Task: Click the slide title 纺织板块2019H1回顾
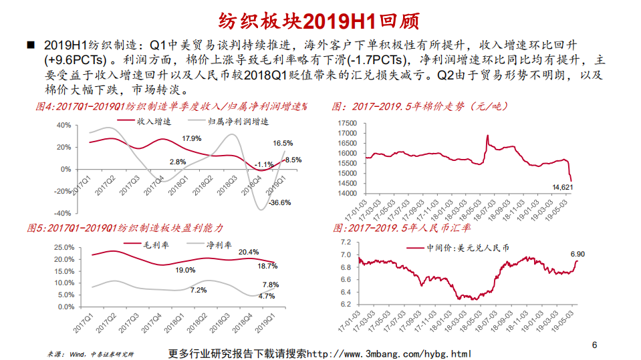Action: (319, 20)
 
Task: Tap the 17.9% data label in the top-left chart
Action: (192, 138)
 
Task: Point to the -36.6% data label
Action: (279, 202)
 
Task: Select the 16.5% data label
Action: (283, 144)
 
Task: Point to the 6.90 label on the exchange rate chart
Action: (578, 254)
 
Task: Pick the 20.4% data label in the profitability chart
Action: (249, 252)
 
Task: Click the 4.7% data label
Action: (267, 296)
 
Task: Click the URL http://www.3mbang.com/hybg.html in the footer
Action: (388, 353)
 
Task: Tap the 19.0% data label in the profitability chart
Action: (185, 271)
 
